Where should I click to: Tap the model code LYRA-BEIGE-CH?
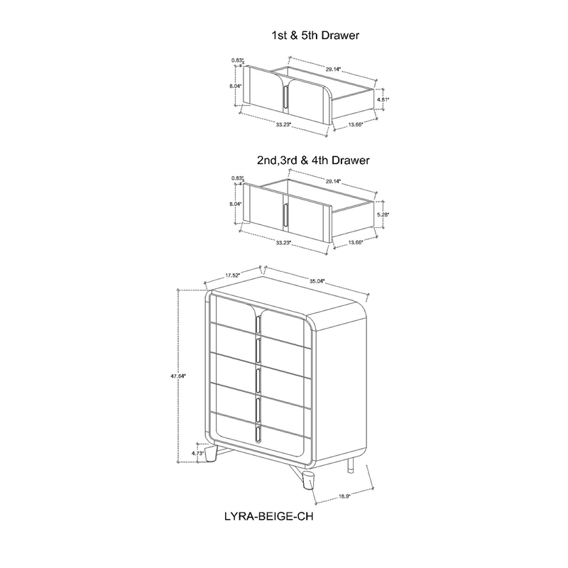tap(268, 517)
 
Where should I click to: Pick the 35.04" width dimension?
tap(317, 281)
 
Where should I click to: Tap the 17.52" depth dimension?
tap(232, 274)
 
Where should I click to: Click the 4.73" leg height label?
tap(197, 451)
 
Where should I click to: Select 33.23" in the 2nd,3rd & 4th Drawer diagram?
tap(283, 242)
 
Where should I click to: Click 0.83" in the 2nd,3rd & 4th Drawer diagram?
tap(237, 178)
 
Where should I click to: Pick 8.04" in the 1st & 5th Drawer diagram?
tap(235, 86)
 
